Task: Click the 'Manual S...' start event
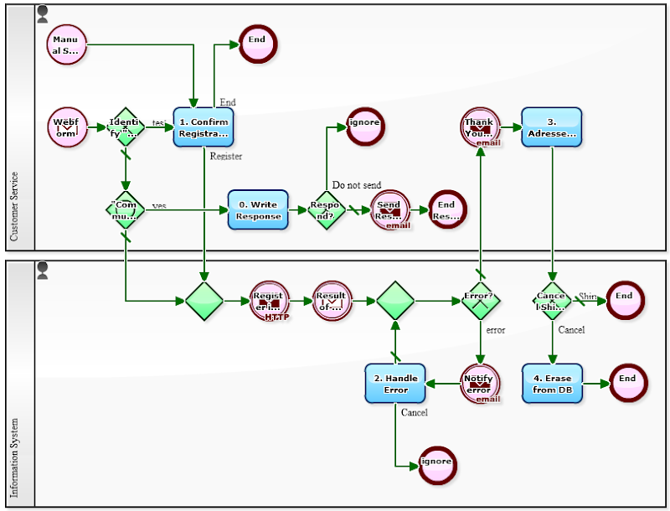tap(66, 44)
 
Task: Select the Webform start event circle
tap(67, 127)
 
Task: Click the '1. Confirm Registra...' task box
tap(204, 127)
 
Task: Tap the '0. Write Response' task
tap(258, 210)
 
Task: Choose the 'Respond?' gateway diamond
tap(325, 209)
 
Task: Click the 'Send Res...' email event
tap(389, 210)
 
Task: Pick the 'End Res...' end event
tap(447, 210)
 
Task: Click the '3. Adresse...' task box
tap(551, 127)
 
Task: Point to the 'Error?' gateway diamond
tap(481, 300)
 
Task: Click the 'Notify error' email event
tap(480, 384)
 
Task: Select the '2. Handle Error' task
tap(395, 384)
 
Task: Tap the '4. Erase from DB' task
tap(551, 384)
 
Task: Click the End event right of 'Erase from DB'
tap(627, 384)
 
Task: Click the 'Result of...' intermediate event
tap(332, 300)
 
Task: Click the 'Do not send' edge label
tap(356, 185)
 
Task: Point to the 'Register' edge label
tap(226, 156)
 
